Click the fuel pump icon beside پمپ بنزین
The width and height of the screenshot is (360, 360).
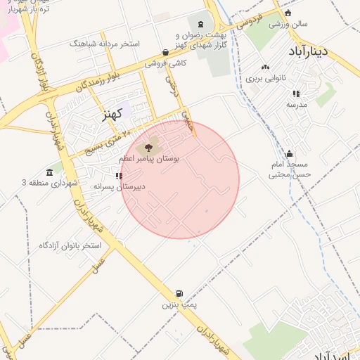[179, 294]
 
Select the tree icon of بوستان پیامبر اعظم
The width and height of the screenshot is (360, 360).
[148, 148]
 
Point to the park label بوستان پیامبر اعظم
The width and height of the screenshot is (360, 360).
[148, 160]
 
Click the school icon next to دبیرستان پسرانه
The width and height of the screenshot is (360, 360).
[117, 176]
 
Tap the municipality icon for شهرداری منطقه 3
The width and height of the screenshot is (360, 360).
[49, 172]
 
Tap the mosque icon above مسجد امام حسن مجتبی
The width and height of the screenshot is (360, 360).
[290, 154]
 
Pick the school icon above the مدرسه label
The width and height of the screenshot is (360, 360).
[295, 93]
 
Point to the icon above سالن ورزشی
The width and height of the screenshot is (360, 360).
[287, 13]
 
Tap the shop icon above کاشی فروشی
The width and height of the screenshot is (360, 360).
[165, 51]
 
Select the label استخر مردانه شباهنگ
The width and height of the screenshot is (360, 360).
[105, 44]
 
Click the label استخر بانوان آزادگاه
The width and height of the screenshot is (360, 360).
[70, 245]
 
